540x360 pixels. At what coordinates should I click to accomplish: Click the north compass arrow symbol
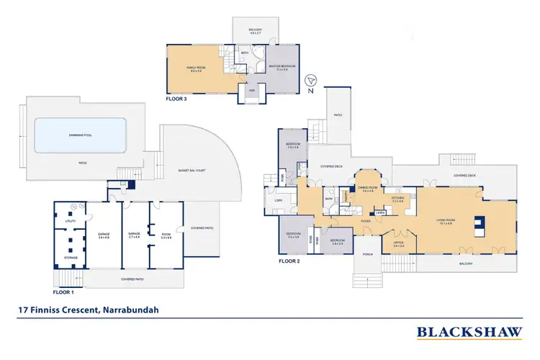click(310, 81)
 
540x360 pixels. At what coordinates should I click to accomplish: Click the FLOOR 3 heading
click(176, 99)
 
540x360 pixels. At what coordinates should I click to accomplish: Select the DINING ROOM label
click(371, 189)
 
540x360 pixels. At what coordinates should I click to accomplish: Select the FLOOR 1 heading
click(64, 292)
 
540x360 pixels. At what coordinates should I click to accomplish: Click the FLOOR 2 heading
click(289, 261)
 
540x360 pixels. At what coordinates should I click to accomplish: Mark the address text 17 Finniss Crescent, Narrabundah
click(89, 310)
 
